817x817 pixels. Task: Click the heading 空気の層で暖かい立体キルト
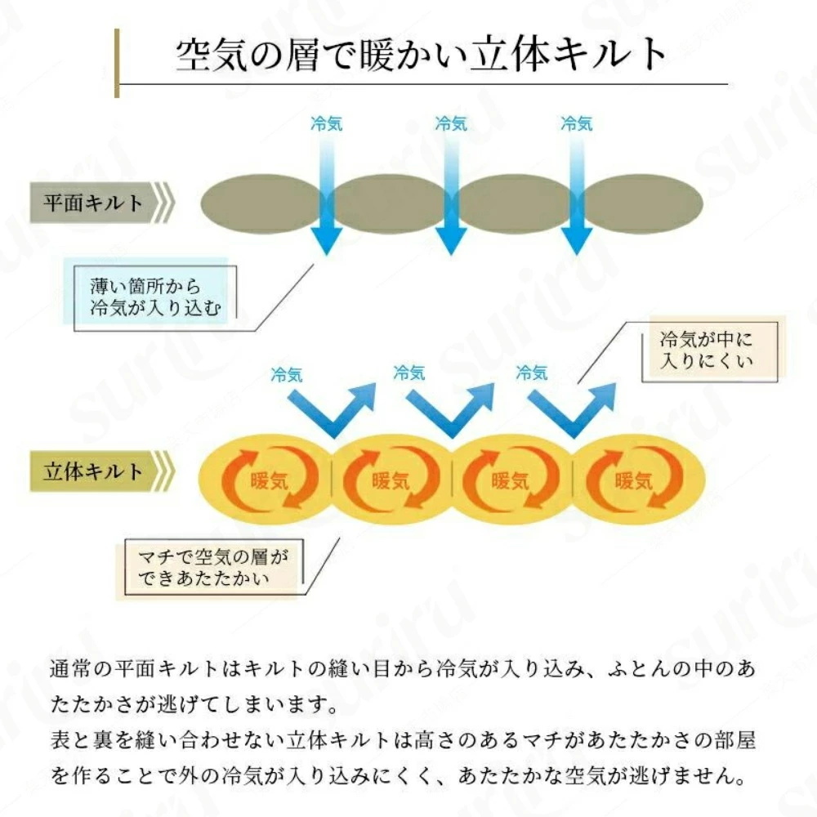(x=421, y=54)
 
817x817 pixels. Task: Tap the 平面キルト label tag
(x=102, y=203)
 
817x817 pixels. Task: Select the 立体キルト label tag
(x=102, y=471)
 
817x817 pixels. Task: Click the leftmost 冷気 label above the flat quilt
(x=326, y=124)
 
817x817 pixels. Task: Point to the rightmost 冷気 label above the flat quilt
(x=576, y=124)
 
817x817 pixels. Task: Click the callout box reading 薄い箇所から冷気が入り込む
(x=155, y=298)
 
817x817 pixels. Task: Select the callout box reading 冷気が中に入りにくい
(x=709, y=351)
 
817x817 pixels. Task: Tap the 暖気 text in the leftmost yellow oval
(x=269, y=480)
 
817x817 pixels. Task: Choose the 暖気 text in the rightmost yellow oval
(x=633, y=480)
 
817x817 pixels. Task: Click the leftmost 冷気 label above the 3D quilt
(x=286, y=375)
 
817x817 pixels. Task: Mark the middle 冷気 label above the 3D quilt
(x=409, y=373)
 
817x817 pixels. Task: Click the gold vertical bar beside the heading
(x=117, y=63)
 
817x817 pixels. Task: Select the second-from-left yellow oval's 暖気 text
(x=391, y=480)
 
